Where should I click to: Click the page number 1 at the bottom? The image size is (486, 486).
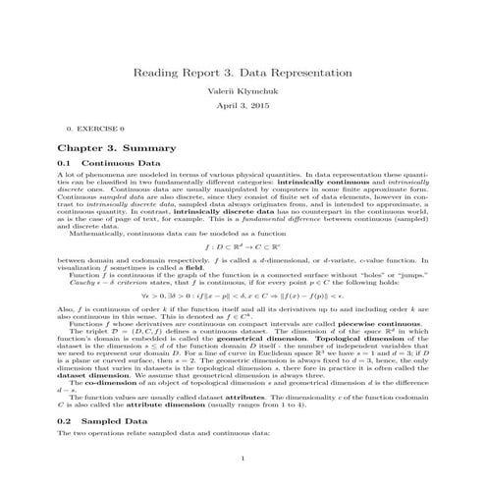coord(243,458)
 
